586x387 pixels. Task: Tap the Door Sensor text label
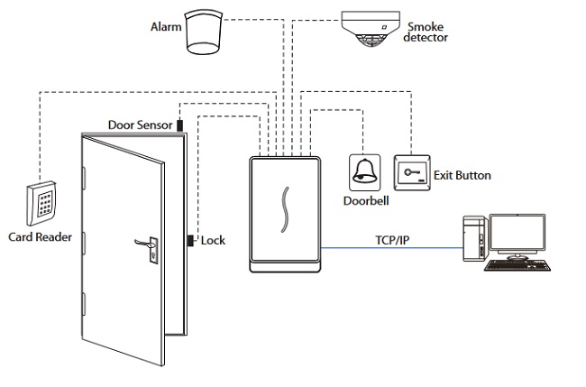pyautogui.click(x=140, y=124)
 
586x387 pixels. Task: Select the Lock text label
pyautogui.click(x=213, y=240)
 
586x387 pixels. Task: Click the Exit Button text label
pyautogui.click(x=462, y=174)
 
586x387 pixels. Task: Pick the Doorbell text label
pyautogui.click(x=365, y=199)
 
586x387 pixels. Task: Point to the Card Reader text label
pyautogui.click(x=40, y=238)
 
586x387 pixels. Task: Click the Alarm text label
pyautogui.click(x=165, y=26)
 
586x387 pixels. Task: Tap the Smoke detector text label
pyautogui.click(x=426, y=32)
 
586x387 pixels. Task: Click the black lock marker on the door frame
pyautogui.click(x=190, y=240)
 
